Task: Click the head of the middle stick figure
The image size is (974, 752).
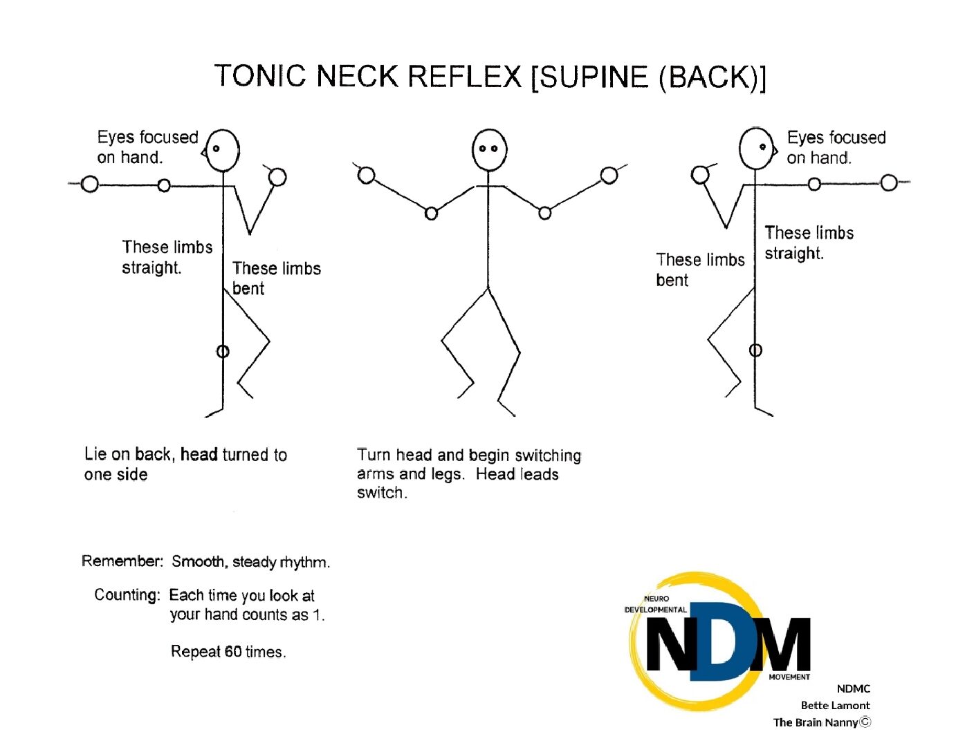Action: [x=489, y=149]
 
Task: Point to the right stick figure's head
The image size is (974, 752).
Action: [x=757, y=148]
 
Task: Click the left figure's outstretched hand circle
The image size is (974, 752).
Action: [x=89, y=184]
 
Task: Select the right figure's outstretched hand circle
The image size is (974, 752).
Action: [x=889, y=182]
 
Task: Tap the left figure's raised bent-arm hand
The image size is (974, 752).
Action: [x=277, y=178]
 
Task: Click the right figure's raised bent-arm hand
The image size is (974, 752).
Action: [x=700, y=175]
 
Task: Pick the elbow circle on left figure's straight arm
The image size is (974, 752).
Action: [x=164, y=185]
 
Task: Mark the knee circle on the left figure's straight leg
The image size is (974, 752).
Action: [x=223, y=352]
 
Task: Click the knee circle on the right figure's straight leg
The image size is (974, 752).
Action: [x=755, y=350]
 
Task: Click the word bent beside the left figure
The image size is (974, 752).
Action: [x=248, y=289]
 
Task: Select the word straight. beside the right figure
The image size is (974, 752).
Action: [x=794, y=254]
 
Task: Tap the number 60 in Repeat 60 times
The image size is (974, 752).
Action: [x=233, y=652]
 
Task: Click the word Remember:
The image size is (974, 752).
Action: [x=122, y=561]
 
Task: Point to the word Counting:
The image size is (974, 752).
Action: [x=127, y=595]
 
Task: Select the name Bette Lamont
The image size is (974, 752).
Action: [x=835, y=706]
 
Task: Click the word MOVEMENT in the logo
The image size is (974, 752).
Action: [x=789, y=677]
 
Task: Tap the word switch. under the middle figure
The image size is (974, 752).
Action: [x=382, y=493]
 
